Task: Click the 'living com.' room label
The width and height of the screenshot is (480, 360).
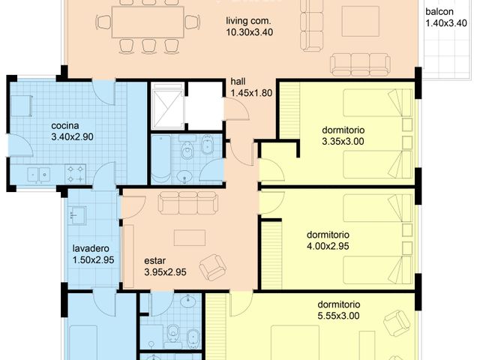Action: (x=248, y=21)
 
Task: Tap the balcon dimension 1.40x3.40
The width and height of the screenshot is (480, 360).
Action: (x=446, y=23)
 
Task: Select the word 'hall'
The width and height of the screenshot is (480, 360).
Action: (x=238, y=82)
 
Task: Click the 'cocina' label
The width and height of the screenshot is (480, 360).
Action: (x=65, y=125)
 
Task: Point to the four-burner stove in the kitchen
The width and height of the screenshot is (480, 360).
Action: (x=75, y=174)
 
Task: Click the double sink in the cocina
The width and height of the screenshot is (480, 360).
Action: (x=38, y=175)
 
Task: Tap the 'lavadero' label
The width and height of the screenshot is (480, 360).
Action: (x=91, y=248)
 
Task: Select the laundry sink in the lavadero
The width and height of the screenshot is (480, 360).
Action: (x=76, y=216)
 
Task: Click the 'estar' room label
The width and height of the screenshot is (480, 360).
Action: (x=155, y=261)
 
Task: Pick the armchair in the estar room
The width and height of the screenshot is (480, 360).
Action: (x=213, y=268)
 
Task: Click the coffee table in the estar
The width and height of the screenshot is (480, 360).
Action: (x=190, y=238)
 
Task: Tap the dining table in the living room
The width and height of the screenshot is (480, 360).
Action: (x=148, y=22)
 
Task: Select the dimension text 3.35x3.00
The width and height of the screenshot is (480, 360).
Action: (x=343, y=142)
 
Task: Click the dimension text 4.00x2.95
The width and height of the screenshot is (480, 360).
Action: (x=328, y=246)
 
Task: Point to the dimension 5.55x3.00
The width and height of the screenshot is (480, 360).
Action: (x=338, y=316)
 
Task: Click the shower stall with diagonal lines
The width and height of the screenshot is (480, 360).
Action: (x=166, y=106)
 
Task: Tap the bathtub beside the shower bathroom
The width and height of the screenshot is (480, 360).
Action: (x=161, y=159)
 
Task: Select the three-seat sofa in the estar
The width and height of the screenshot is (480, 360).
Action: (x=188, y=202)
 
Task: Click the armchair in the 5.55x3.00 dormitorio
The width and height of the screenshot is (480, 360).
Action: (x=397, y=323)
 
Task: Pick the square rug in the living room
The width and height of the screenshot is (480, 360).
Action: (x=361, y=22)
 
